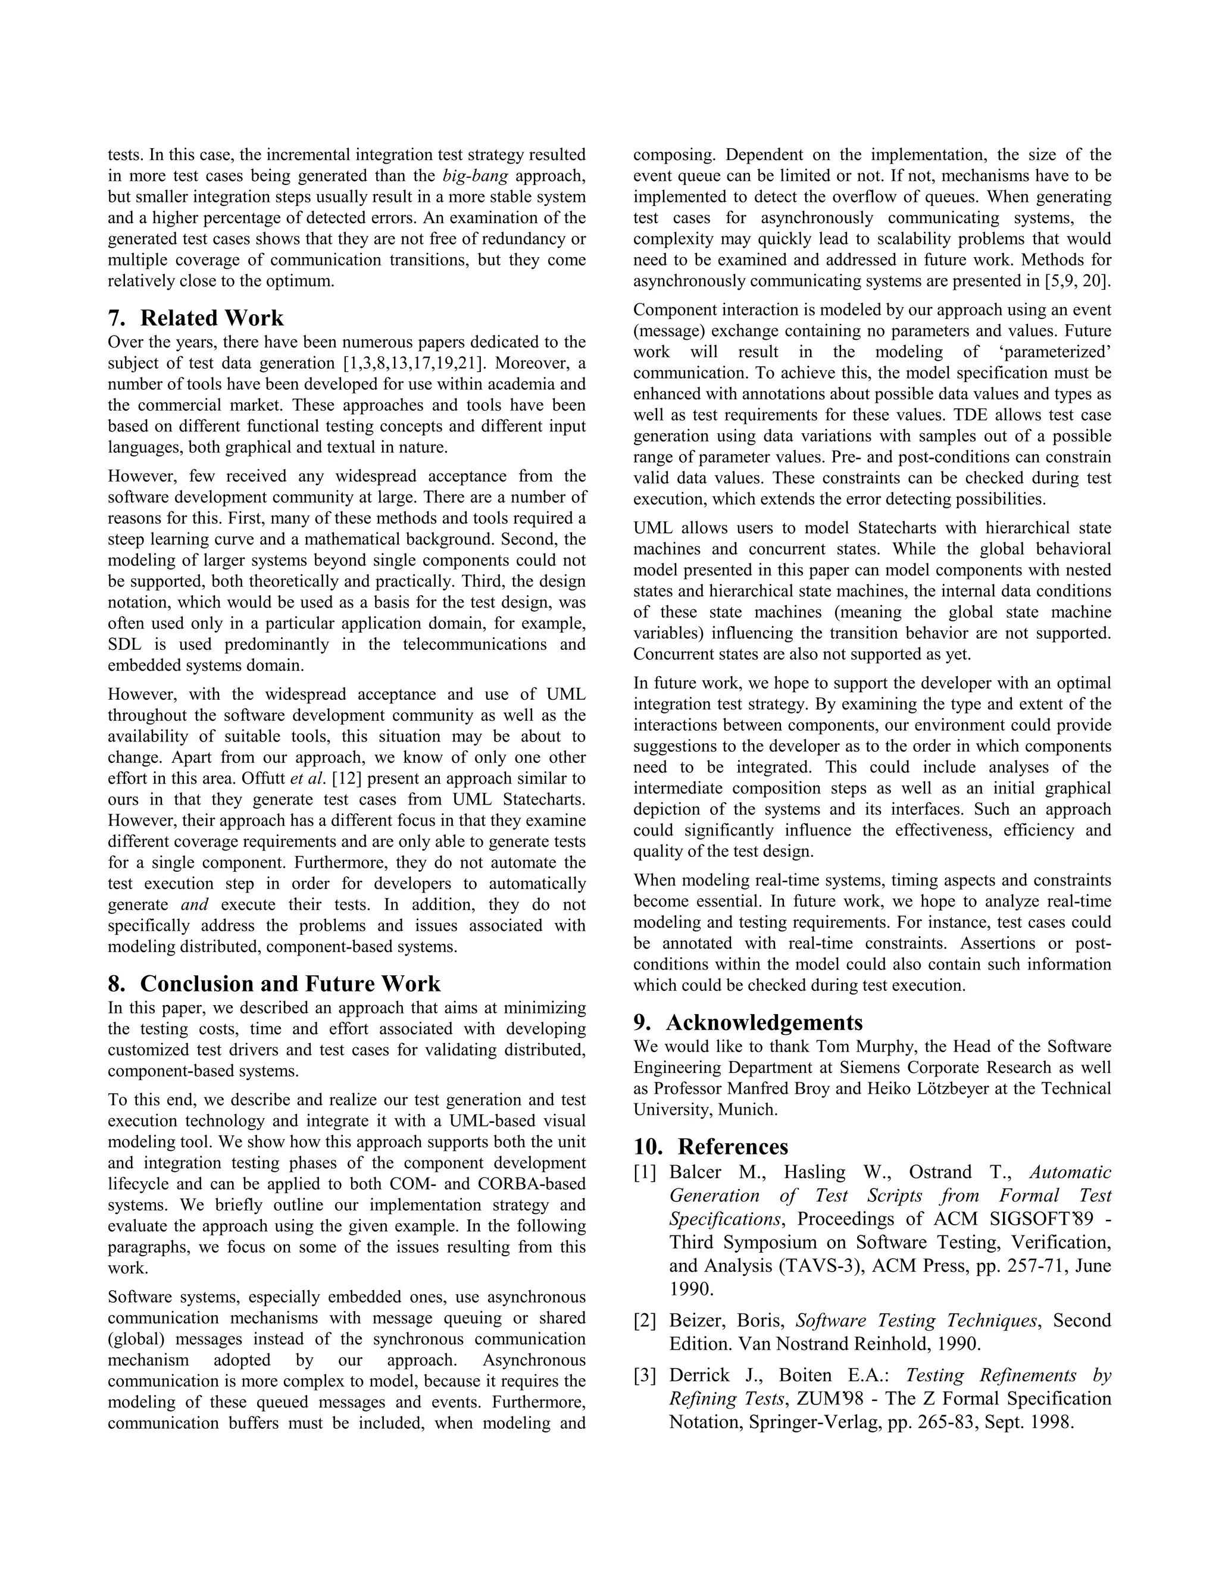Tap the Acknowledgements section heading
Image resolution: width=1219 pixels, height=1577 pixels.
(x=764, y=1022)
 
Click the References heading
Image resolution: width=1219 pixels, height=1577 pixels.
(x=733, y=1147)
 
